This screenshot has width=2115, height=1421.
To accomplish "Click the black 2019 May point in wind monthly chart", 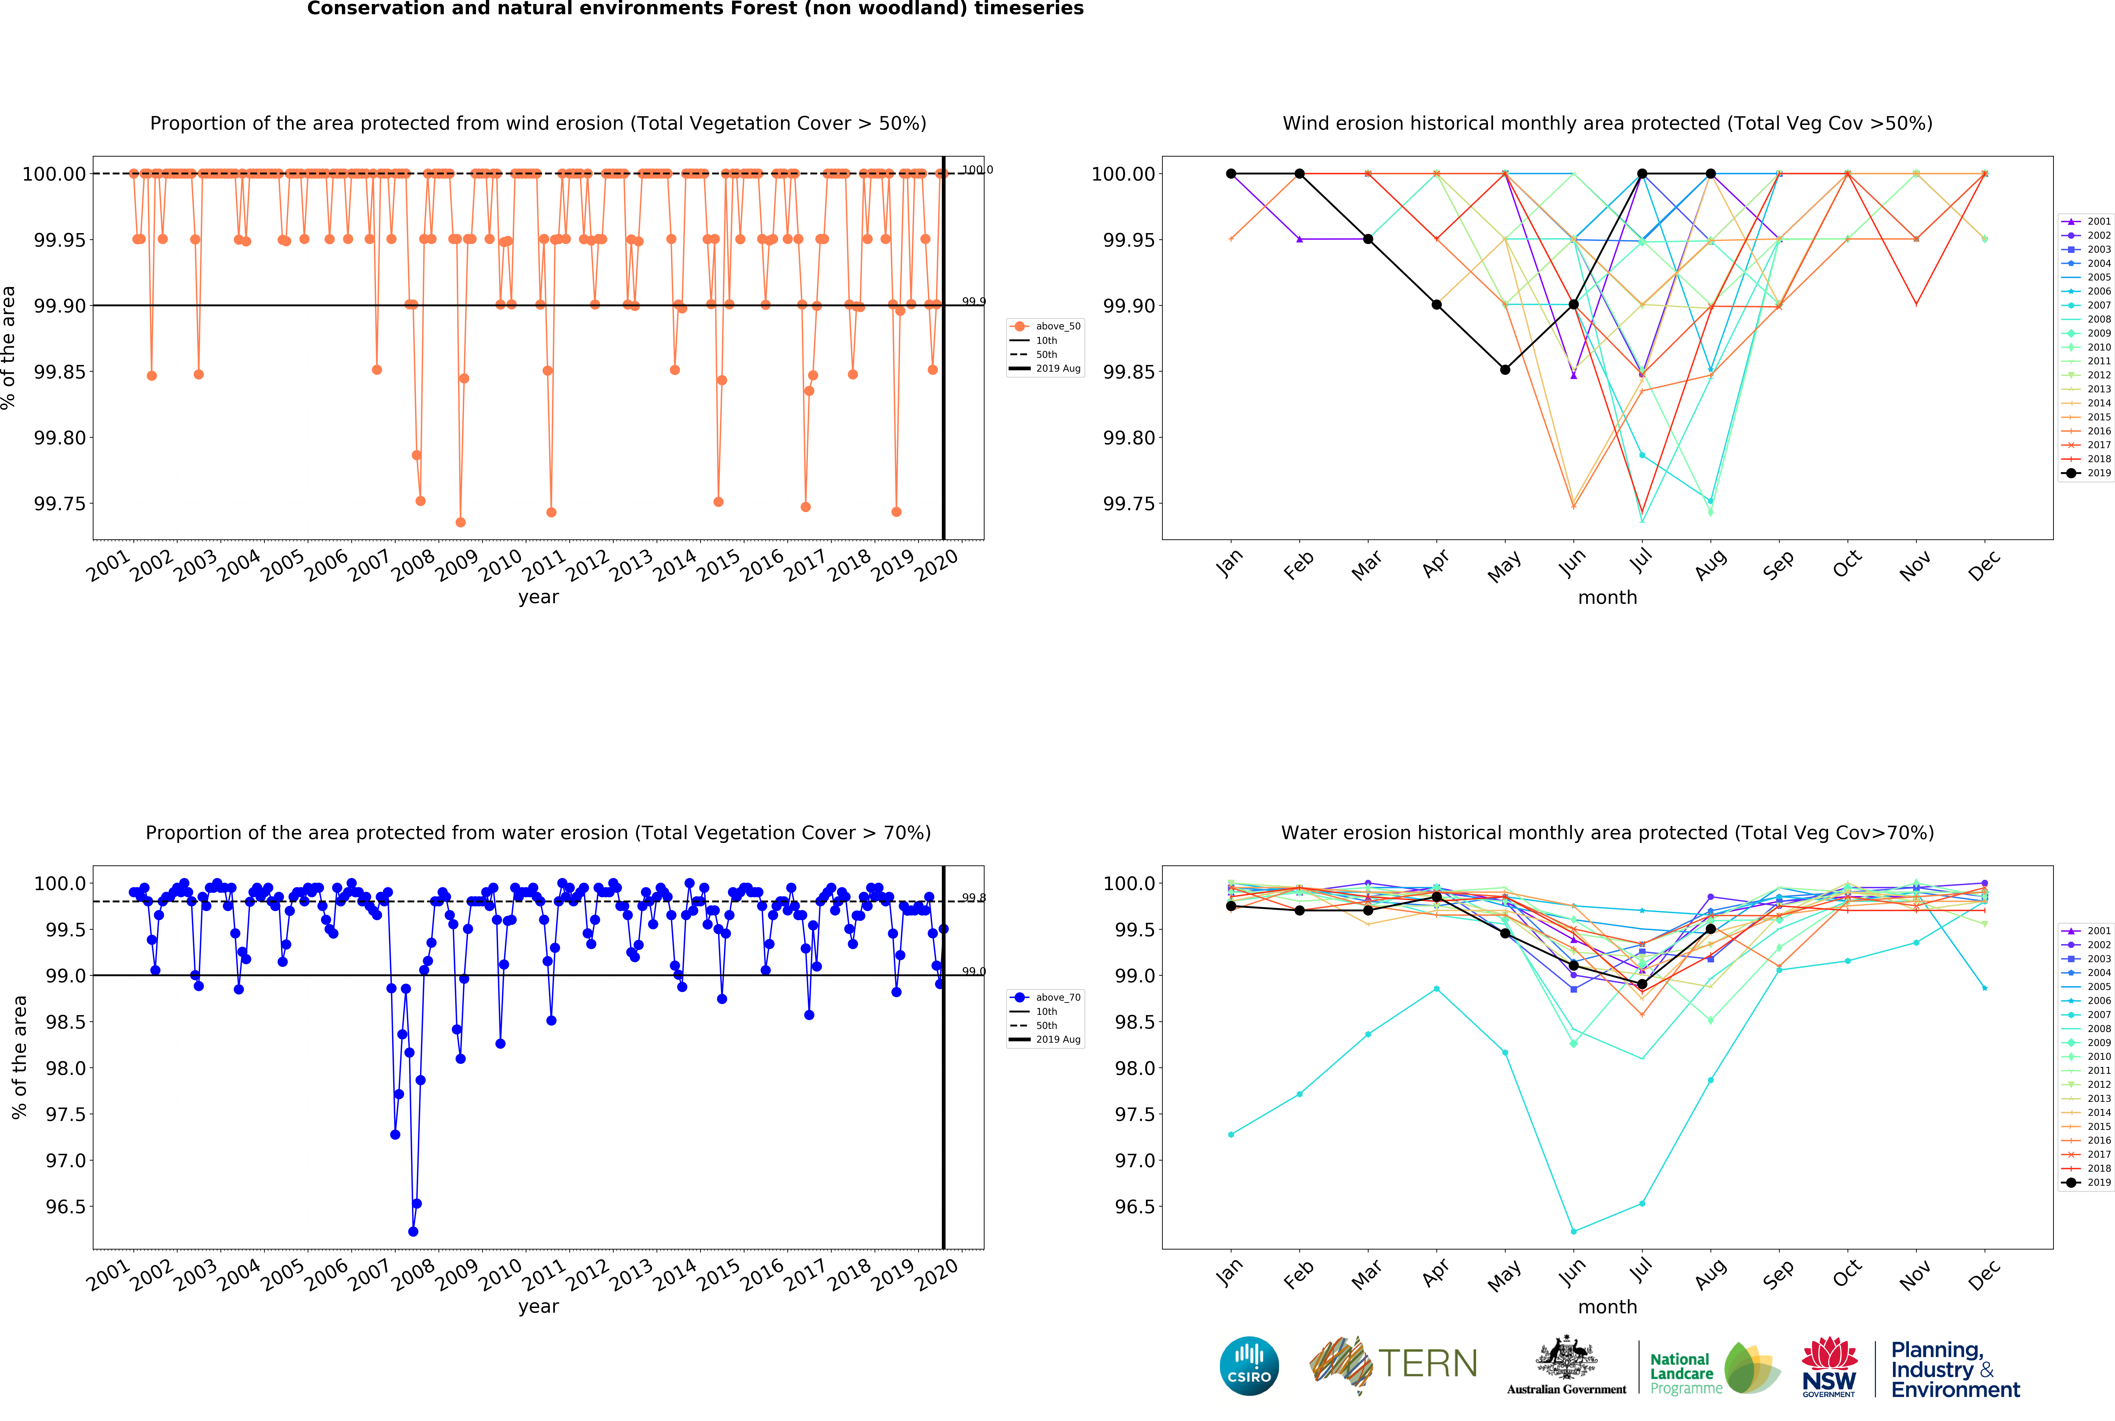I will [1505, 370].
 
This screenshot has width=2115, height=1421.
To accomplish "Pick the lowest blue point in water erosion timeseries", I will [413, 1232].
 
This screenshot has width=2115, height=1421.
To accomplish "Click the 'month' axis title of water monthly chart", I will [1607, 1307].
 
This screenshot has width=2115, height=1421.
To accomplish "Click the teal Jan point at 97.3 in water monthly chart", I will [1231, 1135].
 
